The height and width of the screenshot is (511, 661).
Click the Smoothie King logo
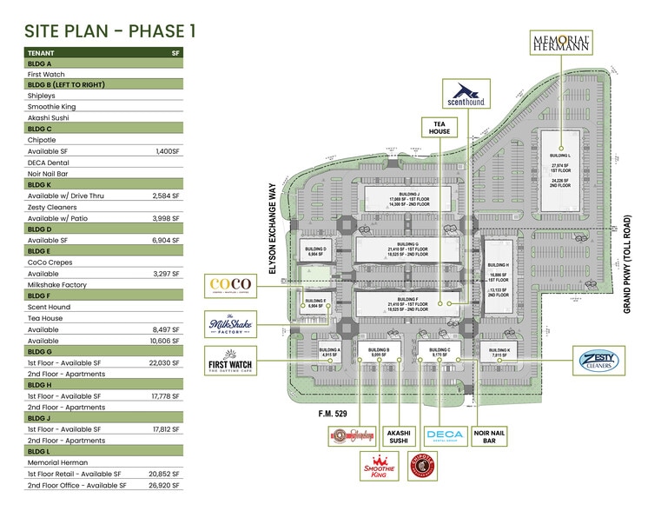coord(379,466)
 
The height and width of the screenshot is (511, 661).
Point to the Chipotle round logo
coord(420,466)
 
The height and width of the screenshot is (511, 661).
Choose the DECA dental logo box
coord(444,435)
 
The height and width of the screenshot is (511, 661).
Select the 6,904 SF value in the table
coord(164,240)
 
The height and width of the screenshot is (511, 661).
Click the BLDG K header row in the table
coord(104,184)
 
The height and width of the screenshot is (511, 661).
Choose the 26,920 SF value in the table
coord(163,485)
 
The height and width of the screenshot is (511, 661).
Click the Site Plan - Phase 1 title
coord(109,31)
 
